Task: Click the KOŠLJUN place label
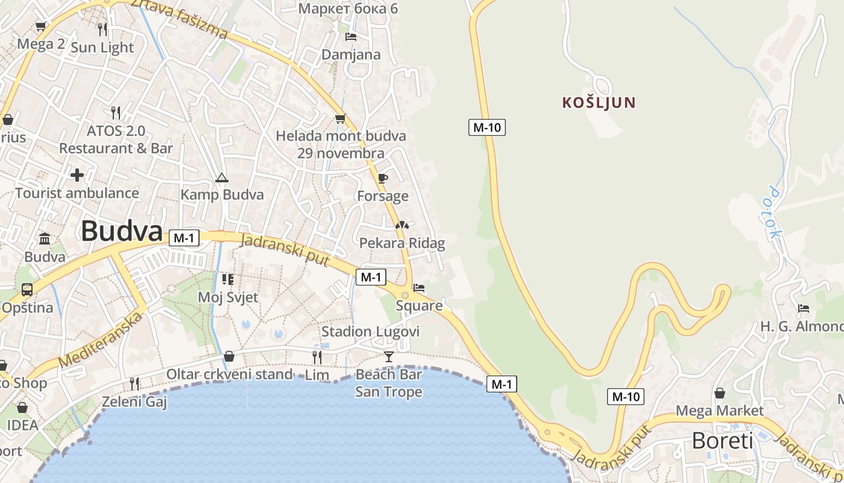(599, 103)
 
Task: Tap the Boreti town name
(722, 441)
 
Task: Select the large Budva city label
(122, 231)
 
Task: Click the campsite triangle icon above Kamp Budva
(222, 178)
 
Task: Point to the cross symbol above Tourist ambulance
(77, 176)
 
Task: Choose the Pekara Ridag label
(402, 243)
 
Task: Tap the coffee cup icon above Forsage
(382, 178)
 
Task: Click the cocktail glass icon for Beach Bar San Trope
(389, 357)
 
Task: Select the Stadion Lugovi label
(370, 331)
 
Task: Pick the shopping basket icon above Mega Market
(720, 394)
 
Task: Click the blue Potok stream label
(774, 213)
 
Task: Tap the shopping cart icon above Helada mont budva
(341, 118)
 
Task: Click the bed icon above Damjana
(350, 37)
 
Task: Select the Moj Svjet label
(228, 297)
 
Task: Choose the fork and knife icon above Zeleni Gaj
(134, 383)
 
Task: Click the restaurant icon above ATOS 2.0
(116, 112)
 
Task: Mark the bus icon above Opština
(27, 290)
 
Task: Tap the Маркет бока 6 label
(348, 8)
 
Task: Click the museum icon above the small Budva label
(45, 239)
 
